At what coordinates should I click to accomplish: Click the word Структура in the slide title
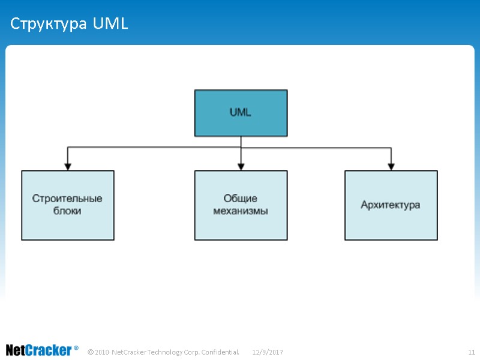(49, 25)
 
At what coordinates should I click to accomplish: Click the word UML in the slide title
(111, 25)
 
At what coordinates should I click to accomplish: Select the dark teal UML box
(241, 113)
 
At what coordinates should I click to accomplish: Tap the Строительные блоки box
(68, 205)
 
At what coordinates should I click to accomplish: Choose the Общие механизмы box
(241, 205)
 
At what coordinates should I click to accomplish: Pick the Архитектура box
(391, 205)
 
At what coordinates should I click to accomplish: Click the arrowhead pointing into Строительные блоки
(68, 166)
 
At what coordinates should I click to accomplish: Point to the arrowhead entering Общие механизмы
(241, 166)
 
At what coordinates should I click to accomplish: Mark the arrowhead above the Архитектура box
(391, 166)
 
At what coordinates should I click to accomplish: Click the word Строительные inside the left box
(67, 199)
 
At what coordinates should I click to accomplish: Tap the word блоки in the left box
(67, 211)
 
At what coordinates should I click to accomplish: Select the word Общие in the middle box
(241, 199)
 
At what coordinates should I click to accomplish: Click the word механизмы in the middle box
(241, 211)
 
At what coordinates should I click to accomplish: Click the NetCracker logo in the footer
(39, 350)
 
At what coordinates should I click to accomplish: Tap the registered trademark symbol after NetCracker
(76, 348)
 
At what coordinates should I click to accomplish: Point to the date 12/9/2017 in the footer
(268, 352)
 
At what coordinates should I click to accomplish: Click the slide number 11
(471, 352)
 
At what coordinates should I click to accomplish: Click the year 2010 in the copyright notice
(102, 352)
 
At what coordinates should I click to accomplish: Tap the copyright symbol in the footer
(90, 352)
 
